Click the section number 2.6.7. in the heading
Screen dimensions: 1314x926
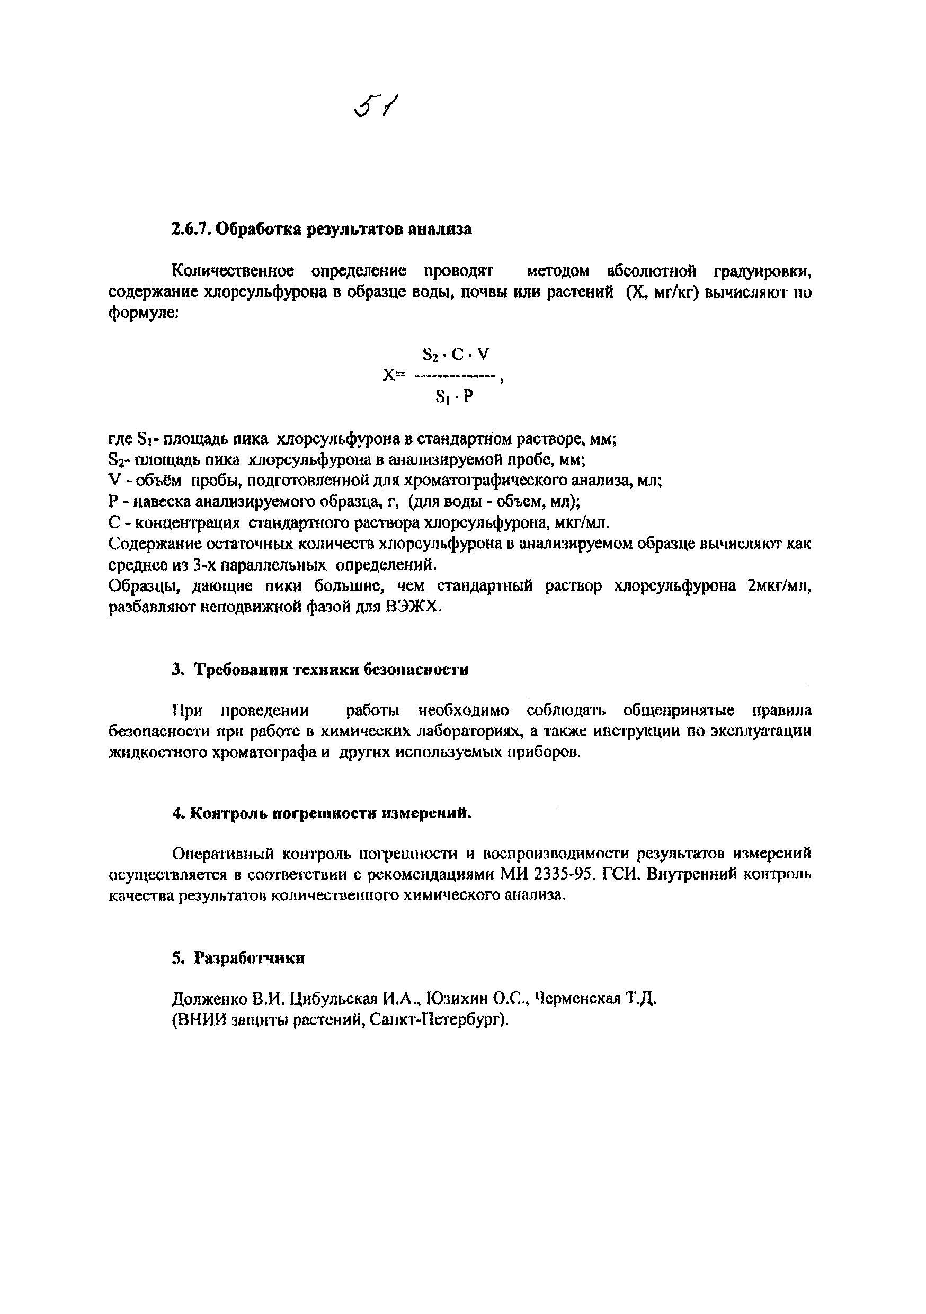[x=191, y=229]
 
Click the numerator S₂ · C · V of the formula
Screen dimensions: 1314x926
[x=456, y=354]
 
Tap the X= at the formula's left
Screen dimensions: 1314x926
[x=393, y=376]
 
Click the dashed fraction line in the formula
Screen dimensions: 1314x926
[x=455, y=376]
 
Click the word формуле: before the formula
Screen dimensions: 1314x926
[x=144, y=314]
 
